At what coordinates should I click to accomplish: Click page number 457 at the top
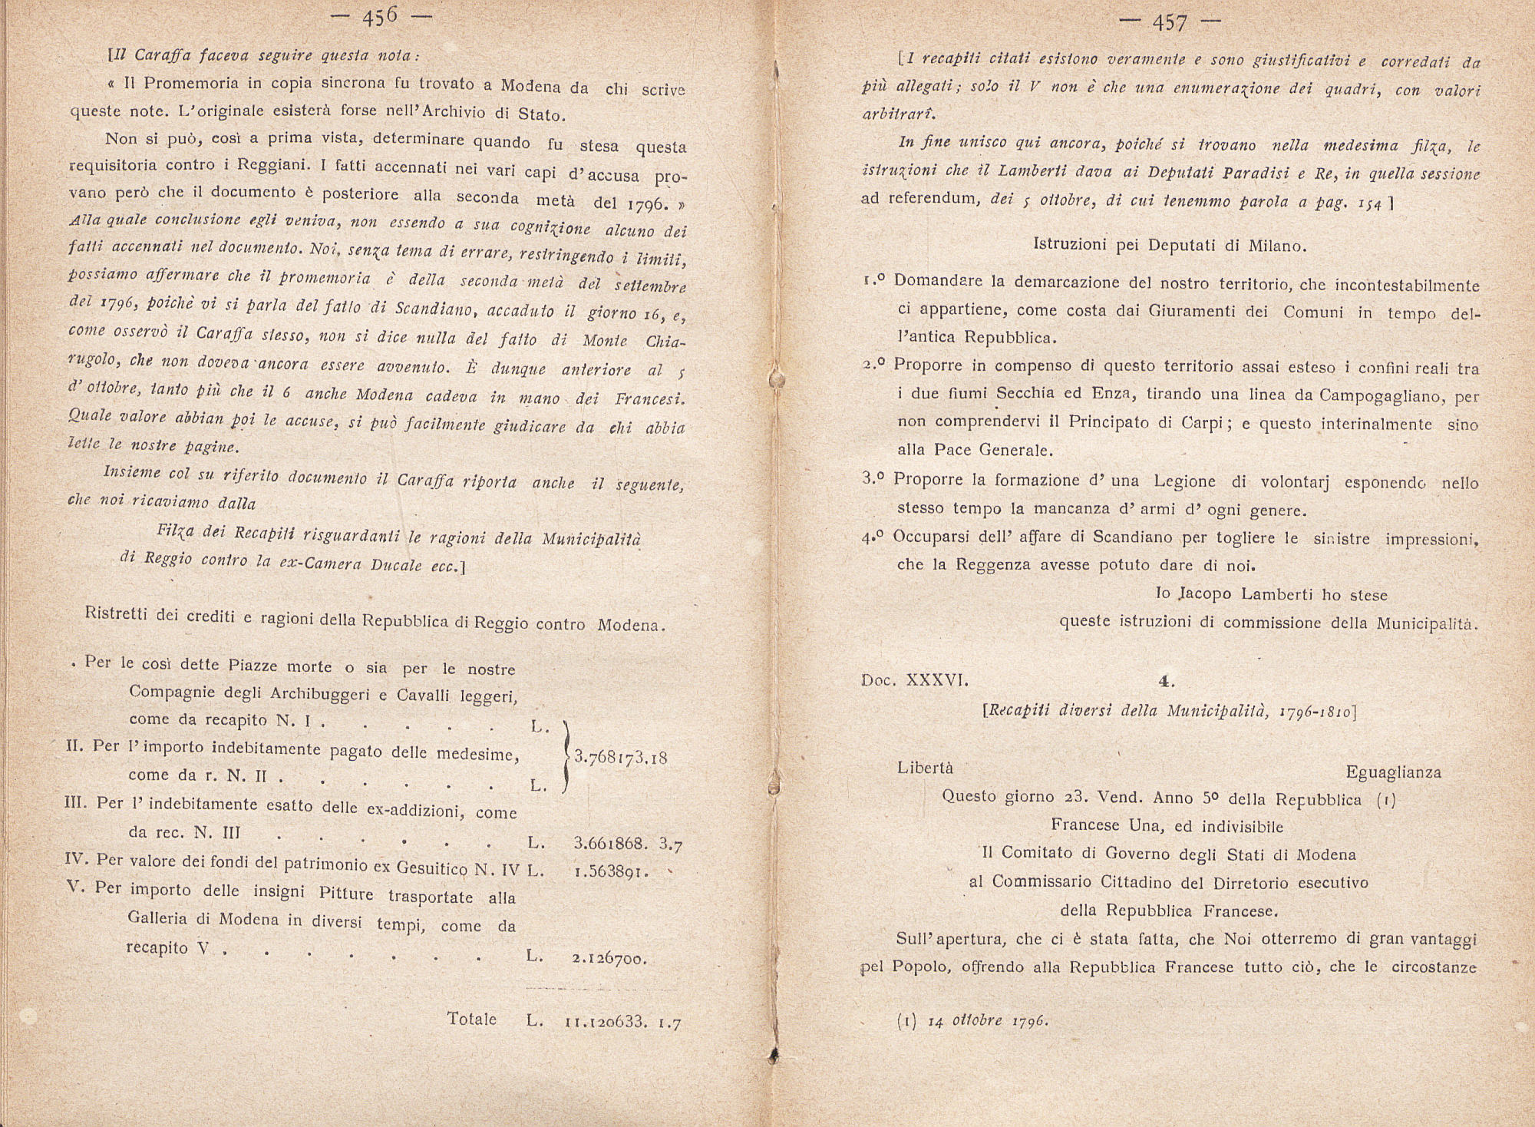point(1170,23)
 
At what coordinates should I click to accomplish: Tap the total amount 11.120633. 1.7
point(622,1022)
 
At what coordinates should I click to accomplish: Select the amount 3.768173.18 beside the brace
point(621,757)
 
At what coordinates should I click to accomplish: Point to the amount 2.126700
point(609,957)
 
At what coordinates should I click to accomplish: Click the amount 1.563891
point(610,872)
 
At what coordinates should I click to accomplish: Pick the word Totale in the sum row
point(472,1020)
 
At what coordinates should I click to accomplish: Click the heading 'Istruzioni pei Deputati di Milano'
point(1170,246)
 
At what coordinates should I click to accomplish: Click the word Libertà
point(925,768)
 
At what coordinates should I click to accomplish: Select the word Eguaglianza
point(1393,772)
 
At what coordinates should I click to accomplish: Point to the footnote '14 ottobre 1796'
point(988,1021)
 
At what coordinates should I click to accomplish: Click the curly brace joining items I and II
point(566,757)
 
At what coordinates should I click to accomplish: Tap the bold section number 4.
point(1167,681)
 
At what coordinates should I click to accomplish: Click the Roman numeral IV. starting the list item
point(78,860)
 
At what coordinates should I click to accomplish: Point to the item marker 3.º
point(873,479)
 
